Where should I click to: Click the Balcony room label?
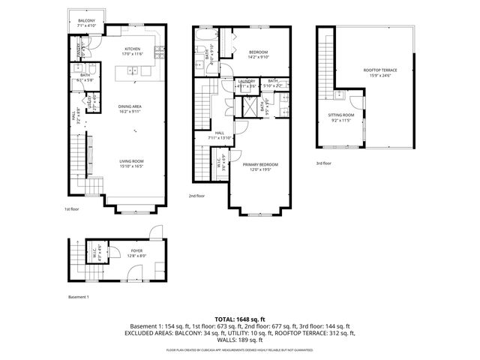88,21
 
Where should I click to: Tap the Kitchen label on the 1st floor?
133,48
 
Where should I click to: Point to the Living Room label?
132,160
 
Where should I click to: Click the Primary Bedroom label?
260,163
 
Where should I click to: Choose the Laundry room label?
246,81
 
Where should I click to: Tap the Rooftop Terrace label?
380,70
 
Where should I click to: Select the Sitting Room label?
341,115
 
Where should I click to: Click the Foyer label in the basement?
136,251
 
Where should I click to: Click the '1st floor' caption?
70,209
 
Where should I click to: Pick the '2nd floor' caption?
197,196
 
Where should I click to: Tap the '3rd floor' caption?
324,163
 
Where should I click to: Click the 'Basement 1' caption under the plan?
79,297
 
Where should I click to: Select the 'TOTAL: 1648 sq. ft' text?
240,318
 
